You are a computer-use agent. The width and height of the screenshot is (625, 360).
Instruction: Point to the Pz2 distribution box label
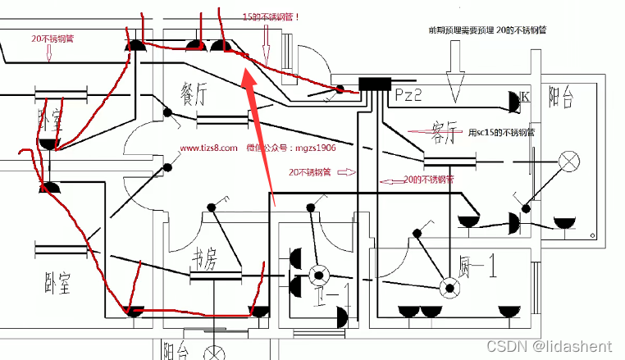pos(408,96)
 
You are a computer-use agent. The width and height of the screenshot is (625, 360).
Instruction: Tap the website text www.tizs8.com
pos(208,148)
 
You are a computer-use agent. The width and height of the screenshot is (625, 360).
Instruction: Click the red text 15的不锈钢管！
pos(271,16)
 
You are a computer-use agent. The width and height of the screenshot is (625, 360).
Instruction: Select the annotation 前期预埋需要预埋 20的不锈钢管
pos(487,30)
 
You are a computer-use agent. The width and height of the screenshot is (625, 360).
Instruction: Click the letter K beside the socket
pos(526,97)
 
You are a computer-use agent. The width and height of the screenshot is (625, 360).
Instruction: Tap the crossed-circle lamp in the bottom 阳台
pos(216,353)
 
